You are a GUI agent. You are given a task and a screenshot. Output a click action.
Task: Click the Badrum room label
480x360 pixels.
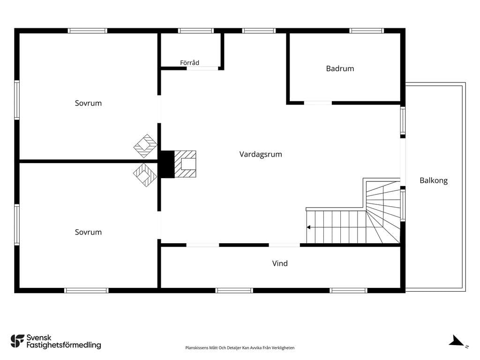coord(340,68)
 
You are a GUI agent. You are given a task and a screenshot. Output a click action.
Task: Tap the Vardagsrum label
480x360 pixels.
coord(261,154)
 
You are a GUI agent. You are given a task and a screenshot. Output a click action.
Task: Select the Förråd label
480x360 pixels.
coord(189,62)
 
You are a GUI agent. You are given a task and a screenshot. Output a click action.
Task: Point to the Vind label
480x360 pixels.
coord(280,263)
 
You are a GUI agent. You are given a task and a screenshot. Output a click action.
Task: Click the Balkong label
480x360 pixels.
coord(434,180)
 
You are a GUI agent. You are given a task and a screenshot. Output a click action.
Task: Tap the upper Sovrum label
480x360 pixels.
coord(88,103)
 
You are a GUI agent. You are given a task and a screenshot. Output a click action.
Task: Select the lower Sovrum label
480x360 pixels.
coord(88,232)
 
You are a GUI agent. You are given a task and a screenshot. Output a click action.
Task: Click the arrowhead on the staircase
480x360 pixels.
coord(308,227)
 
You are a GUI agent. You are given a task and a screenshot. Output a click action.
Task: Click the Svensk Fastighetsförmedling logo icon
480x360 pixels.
coord(17,341)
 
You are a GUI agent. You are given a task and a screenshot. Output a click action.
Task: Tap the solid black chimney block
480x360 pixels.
coord(167,164)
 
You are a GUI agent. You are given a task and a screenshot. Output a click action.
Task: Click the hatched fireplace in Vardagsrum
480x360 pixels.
coord(185,164)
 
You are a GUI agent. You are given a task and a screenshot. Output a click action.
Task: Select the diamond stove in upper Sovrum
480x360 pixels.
coord(145,146)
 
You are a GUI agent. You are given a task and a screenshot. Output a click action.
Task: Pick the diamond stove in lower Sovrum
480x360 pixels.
coord(145,175)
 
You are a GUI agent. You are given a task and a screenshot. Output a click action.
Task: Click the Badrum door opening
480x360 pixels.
coord(318,103)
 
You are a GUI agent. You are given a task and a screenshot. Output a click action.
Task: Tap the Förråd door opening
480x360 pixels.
coord(202,68)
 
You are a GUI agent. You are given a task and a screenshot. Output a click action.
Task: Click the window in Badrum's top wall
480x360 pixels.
coord(367,30)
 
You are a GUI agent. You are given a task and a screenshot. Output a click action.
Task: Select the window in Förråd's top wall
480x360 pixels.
coord(196,30)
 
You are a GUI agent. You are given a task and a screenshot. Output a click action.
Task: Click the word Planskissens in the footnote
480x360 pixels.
coord(196,348)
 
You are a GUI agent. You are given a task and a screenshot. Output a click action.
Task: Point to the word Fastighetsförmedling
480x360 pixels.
coord(64,345)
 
